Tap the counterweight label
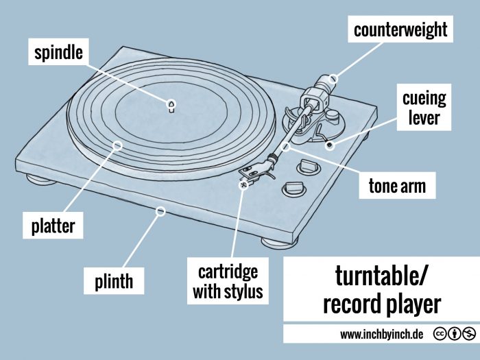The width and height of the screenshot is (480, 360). [x=400, y=29]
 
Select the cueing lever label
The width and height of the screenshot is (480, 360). [x=423, y=108]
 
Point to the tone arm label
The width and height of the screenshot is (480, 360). [x=397, y=186]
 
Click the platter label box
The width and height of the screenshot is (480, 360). [x=52, y=224]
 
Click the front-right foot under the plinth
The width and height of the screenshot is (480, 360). [x=275, y=242]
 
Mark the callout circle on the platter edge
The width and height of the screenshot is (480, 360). [x=117, y=145]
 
